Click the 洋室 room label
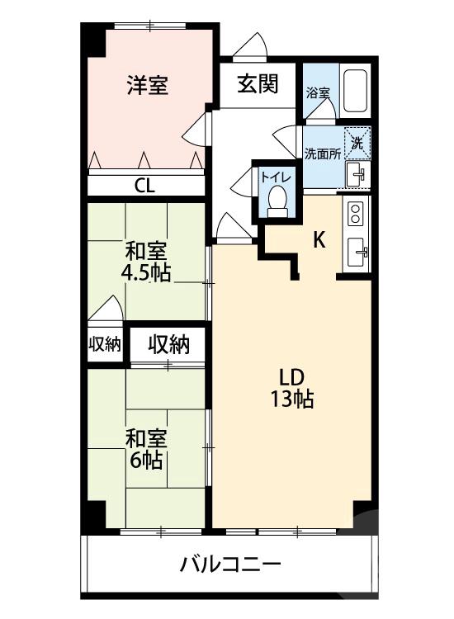(148, 85)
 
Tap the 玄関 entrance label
(257, 83)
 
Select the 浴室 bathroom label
(318, 92)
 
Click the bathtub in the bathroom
(355, 91)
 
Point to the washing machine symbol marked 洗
(357, 143)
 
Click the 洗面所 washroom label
(322, 153)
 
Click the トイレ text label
(274, 176)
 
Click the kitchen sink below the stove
(357, 251)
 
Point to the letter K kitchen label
(318, 240)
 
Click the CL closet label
(144, 185)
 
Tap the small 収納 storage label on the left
(105, 345)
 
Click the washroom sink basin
(357, 173)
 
